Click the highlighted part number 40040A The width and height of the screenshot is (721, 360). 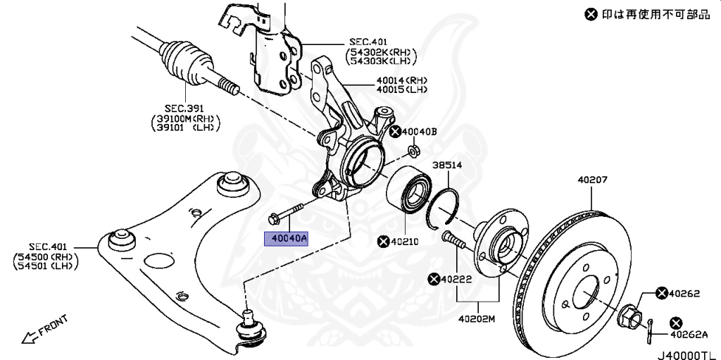[286, 239]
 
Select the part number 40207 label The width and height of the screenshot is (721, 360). [592, 180]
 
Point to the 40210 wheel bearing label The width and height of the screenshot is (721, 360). [404, 242]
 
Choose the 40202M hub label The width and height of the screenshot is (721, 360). [478, 318]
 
